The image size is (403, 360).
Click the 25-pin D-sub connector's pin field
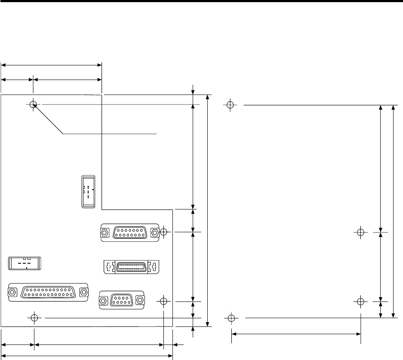(x=48, y=292)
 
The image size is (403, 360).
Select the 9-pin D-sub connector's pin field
(x=121, y=300)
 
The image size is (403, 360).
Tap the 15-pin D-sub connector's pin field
(x=129, y=233)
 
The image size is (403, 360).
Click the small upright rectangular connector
(x=88, y=192)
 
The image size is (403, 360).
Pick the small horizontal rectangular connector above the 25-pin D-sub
(x=25, y=263)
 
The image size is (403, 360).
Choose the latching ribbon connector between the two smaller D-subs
(x=131, y=267)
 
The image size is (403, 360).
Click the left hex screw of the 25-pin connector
(x=12, y=292)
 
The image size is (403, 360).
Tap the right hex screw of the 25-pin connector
(x=83, y=292)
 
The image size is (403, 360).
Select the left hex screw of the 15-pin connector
(x=104, y=233)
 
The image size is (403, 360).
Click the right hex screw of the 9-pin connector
(x=139, y=300)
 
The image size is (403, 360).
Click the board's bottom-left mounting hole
(x=34, y=318)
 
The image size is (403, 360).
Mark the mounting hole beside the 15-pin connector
(x=163, y=232)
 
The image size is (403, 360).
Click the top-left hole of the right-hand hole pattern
(x=231, y=105)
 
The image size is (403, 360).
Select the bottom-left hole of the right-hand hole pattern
(x=231, y=318)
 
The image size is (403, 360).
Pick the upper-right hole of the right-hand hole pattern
(x=361, y=232)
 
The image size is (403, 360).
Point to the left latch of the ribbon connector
(x=108, y=267)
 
